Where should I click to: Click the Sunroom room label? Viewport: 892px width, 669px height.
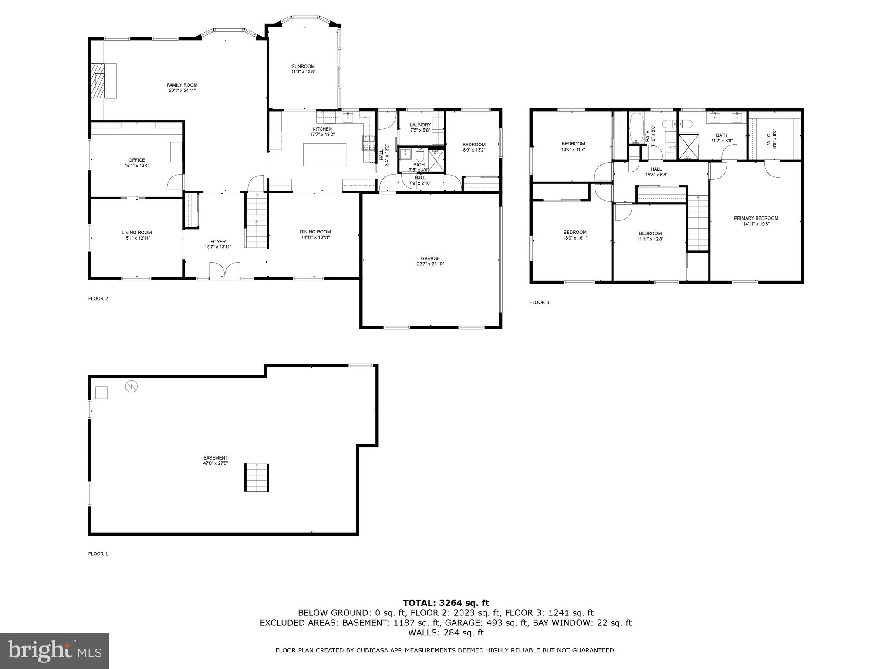303,67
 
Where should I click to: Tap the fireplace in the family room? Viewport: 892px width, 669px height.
98,81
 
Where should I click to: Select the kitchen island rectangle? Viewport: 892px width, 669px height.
324,154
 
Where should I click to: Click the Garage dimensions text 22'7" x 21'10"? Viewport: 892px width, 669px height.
430,264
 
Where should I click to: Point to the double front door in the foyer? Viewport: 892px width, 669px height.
225,270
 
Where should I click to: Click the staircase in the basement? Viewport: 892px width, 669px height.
257,478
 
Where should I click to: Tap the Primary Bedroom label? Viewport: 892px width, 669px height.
756,218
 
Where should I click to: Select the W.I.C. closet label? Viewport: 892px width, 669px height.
774,139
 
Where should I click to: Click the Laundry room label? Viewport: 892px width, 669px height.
420,125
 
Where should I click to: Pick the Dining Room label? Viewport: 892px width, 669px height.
315,232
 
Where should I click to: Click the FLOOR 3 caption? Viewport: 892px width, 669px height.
539,302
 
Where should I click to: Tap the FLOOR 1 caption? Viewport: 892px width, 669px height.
98,554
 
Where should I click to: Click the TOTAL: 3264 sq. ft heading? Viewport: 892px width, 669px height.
446,603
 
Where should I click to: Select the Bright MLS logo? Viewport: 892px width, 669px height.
54,651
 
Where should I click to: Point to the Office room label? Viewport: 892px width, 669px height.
136,160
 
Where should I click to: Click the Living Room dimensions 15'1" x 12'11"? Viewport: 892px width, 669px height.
136,238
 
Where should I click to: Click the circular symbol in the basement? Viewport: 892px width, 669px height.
132,386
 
